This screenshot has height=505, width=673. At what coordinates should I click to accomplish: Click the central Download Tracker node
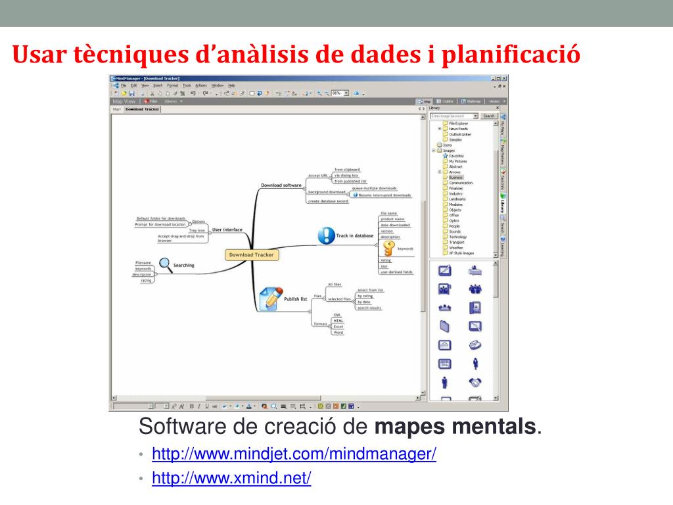250,254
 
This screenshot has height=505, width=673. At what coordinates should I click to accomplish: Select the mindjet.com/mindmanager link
294,454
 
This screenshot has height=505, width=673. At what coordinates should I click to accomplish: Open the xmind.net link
231,478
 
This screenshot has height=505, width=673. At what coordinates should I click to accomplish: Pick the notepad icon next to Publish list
270,297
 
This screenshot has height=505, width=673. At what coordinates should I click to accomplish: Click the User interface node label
227,229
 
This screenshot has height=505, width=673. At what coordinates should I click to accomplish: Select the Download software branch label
281,185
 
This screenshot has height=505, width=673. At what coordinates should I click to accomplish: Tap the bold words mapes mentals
455,427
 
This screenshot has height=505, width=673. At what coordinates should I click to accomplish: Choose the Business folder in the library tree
457,178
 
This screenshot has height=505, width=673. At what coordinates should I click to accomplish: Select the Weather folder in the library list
455,248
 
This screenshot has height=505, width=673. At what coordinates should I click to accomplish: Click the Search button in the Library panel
488,116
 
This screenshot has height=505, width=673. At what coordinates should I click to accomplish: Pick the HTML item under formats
337,320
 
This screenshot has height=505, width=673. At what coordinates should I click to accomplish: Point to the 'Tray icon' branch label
197,230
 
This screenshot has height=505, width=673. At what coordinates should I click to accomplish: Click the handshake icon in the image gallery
475,382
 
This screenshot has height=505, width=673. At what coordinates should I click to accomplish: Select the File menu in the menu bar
124,85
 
